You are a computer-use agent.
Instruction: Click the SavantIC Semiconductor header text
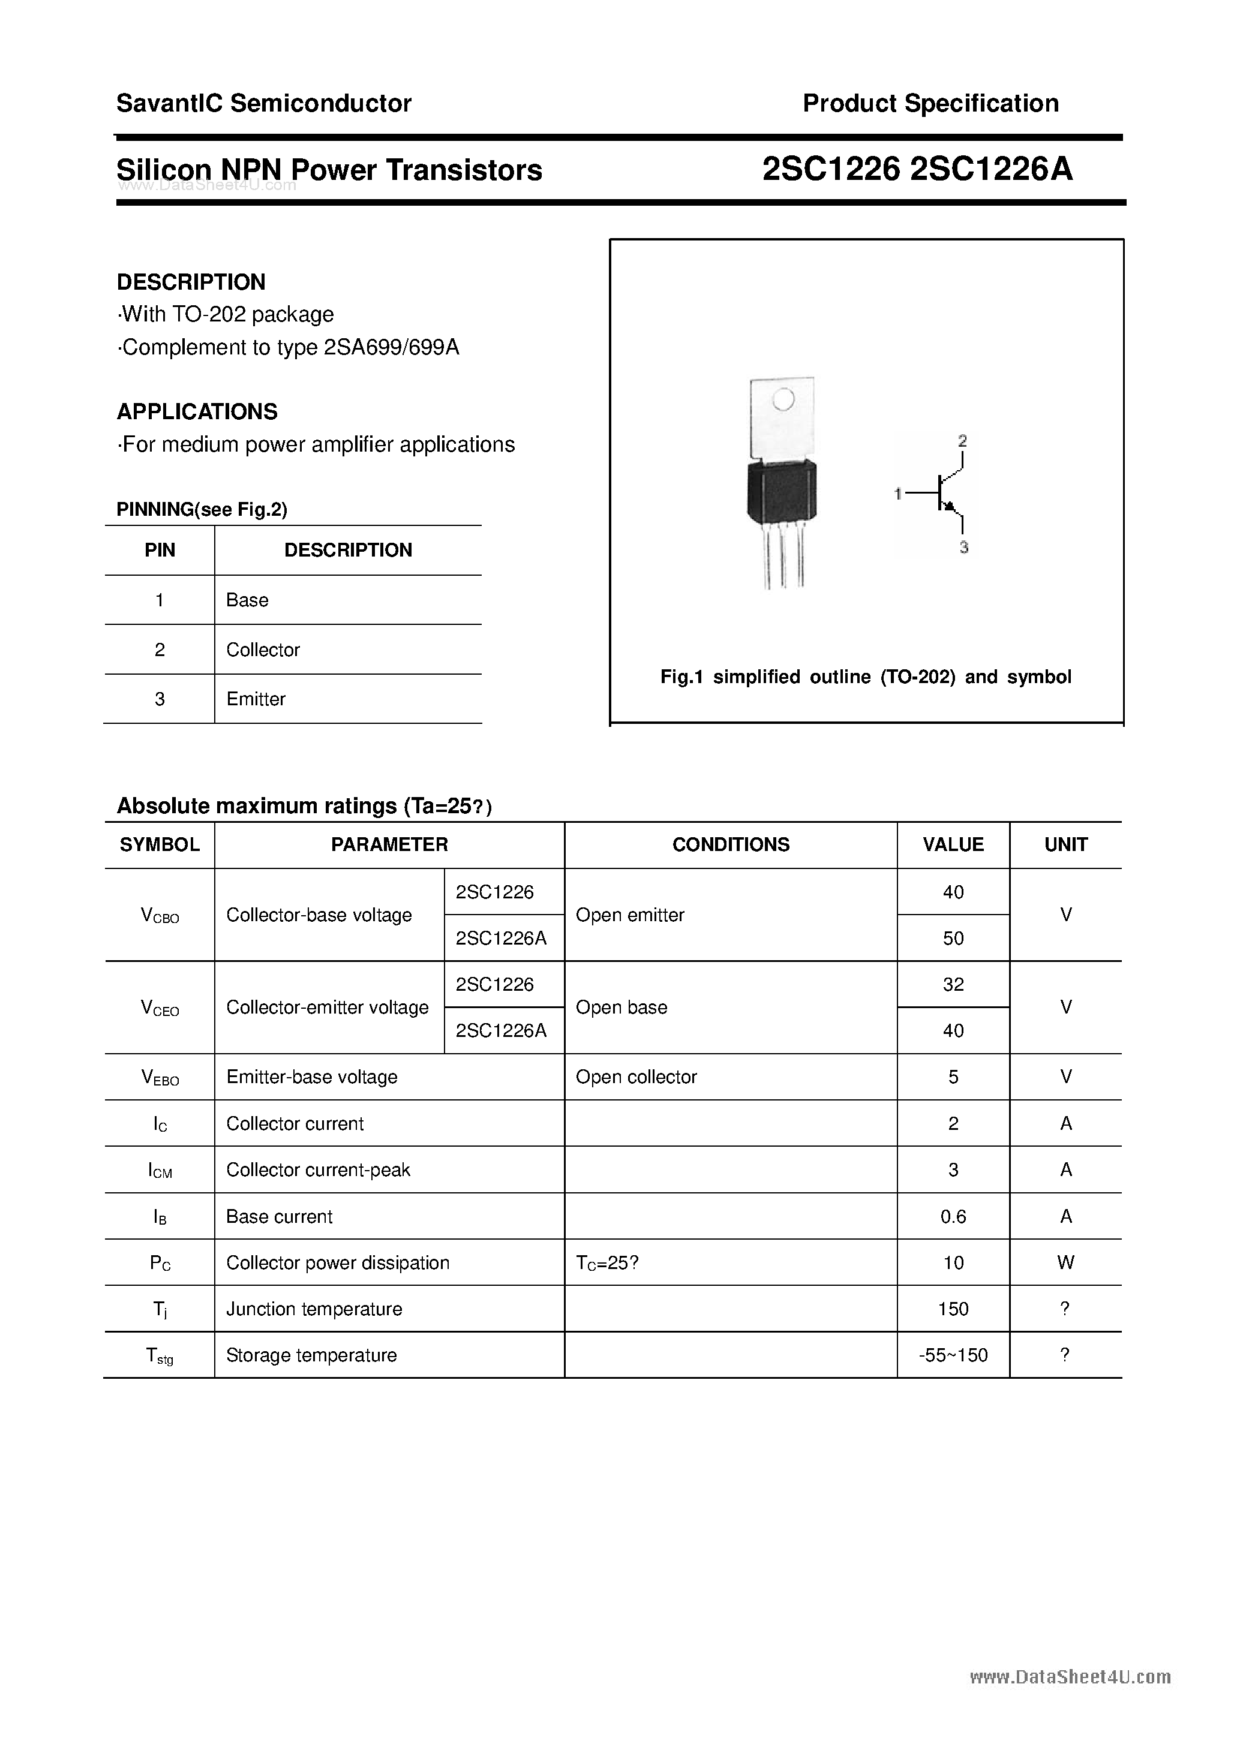point(263,103)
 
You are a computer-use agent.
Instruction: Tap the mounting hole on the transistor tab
point(783,399)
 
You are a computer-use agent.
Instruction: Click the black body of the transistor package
point(781,492)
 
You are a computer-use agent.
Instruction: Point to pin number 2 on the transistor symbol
point(962,441)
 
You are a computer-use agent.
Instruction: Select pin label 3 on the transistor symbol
point(963,548)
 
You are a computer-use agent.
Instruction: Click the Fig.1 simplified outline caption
point(865,677)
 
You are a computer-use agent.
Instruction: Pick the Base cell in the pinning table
point(247,600)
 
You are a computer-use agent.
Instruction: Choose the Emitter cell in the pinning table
point(256,699)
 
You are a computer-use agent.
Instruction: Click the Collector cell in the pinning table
point(263,650)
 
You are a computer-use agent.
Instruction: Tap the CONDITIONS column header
point(730,844)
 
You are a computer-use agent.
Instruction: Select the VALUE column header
point(953,844)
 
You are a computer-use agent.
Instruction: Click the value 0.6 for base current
point(953,1216)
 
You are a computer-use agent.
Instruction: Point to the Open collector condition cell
point(636,1077)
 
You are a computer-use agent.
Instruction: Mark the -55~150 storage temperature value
point(953,1355)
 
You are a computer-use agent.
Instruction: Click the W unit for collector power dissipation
point(1065,1263)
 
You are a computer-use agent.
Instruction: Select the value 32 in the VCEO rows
point(953,984)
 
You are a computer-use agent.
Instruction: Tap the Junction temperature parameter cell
point(314,1309)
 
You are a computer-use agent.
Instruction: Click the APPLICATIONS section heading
point(197,411)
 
